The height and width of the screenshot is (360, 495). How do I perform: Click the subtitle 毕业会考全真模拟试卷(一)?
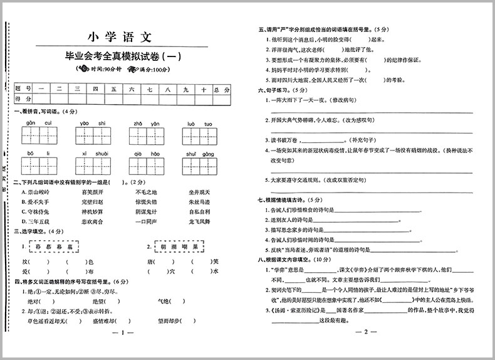[123, 56]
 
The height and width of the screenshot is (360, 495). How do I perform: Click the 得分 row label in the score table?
[23, 99]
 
